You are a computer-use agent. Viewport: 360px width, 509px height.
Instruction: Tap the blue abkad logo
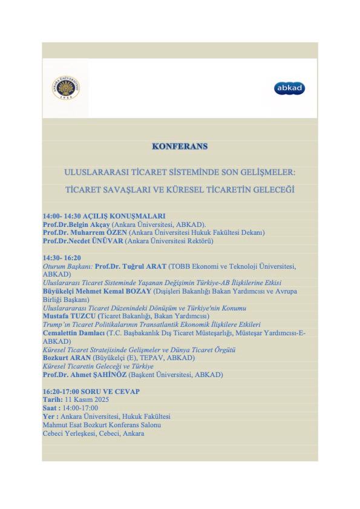pyautogui.click(x=289, y=88)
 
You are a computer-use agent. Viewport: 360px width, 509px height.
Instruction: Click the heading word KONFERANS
pyautogui.click(x=180, y=146)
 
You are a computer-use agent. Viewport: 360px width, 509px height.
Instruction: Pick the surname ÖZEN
pyautogui.click(x=113, y=232)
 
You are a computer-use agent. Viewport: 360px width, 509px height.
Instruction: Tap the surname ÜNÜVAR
pyautogui.click(x=110, y=240)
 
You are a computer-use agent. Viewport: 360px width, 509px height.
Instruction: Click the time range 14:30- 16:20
pyautogui.click(x=62, y=257)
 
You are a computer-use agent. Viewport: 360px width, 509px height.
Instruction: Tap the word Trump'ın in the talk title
pyautogui.click(x=55, y=324)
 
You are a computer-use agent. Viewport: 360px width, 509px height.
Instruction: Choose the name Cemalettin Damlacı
pyautogui.click(x=73, y=333)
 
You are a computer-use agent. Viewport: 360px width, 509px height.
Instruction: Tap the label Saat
pyautogui.click(x=51, y=408)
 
